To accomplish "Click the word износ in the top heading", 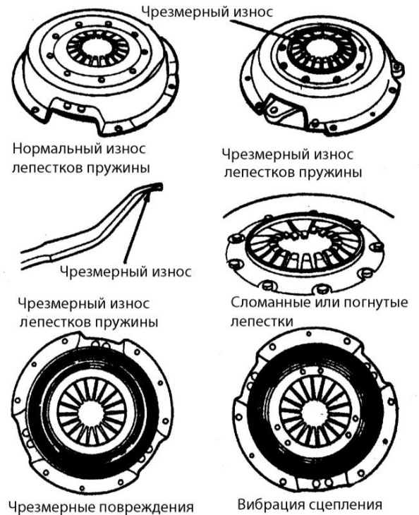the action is click(253, 13).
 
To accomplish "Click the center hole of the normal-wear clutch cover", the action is click(97, 47).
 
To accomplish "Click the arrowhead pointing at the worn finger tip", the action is click(147, 196).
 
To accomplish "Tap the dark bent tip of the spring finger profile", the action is click(157, 186).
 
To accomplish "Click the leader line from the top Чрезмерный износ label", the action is click(260, 30).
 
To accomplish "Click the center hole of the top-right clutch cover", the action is click(321, 49).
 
